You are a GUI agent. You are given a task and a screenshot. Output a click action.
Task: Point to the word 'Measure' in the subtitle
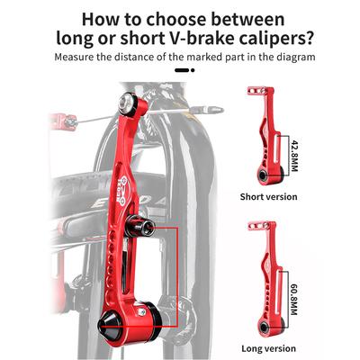[x=74, y=57]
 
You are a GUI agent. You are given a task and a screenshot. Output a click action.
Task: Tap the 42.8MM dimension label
[x=294, y=154]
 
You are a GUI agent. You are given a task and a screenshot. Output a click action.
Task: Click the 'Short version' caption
[x=268, y=197]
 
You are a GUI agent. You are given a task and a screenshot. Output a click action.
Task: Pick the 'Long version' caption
[x=268, y=348]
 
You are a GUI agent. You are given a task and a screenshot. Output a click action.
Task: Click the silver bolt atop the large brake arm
[x=126, y=102]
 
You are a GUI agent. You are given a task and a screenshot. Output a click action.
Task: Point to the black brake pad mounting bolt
[x=140, y=225]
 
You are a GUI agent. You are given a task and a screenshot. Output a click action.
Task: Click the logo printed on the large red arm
[x=121, y=191]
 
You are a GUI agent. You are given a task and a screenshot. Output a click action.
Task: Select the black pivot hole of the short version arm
[x=263, y=175]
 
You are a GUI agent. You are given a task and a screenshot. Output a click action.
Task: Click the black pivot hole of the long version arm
[x=265, y=327]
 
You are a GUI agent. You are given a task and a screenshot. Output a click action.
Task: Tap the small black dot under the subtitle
[x=193, y=70]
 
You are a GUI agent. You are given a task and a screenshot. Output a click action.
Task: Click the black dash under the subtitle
[x=182, y=70]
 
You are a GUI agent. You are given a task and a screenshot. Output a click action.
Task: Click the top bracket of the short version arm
[x=257, y=91]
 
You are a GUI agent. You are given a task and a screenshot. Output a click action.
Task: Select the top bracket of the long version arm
[x=258, y=226]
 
